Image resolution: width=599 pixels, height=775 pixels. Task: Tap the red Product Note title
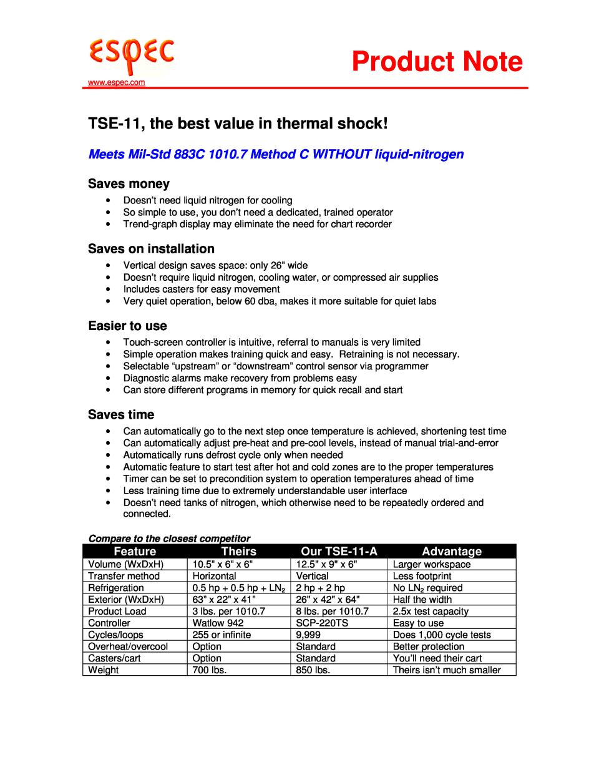click(x=436, y=62)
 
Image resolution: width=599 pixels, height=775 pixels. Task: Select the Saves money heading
click(x=129, y=183)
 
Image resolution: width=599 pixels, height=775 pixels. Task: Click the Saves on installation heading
click(x=151, y=248)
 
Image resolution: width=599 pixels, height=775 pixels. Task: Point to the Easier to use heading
click(x=127, y=326)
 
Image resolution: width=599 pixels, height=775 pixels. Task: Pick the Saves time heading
click(x=121, y=414)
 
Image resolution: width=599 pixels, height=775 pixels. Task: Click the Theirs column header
click(x=239, y=551)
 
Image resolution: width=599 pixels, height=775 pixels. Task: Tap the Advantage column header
click(x=452, y=551)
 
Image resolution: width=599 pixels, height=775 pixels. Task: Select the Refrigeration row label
click(x=116, y=588)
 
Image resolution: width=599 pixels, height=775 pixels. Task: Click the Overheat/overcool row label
click(x=128, y=646)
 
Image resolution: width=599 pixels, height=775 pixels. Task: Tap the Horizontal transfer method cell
click(x=214, y=576)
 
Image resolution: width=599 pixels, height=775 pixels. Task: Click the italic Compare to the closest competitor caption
click(x=169, y=538)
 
